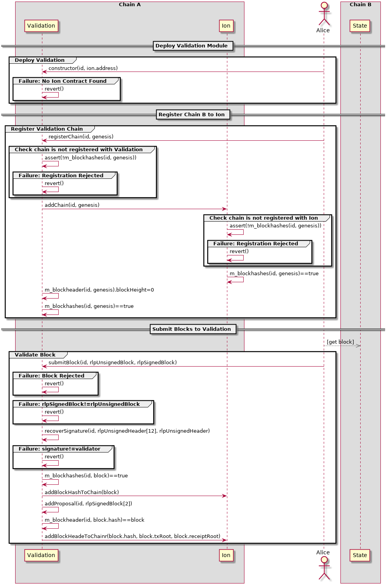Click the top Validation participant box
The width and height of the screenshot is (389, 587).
pos(41,26)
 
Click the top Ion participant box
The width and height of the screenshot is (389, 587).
pos(226,26)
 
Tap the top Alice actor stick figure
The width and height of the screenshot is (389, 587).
pos(324,15)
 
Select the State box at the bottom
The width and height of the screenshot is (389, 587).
pos(360,555)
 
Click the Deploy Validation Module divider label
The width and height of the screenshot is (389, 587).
pos(192,46)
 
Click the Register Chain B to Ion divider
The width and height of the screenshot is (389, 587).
pos(192,115)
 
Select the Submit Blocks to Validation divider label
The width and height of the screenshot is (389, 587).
pos(192,329)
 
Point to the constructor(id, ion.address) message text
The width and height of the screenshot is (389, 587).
pos(83,68)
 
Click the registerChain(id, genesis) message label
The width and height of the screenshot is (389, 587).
pos(81,137)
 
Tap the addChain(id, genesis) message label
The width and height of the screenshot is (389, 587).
pos(72,205)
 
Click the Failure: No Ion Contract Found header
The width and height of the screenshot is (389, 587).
pos(63,81)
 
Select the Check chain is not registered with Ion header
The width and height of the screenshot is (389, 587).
pos(263,218)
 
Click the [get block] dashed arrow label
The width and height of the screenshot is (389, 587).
pos(340,342)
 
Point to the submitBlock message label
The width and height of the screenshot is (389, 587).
pos(112,363)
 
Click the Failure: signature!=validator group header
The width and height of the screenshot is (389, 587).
pos(59,449)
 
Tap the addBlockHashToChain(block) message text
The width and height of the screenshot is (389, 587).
pos(82,493)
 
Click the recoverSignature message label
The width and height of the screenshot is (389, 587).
pos(127,431)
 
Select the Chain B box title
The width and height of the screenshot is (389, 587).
pos(360,5)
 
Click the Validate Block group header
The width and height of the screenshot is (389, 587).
pos(35,355)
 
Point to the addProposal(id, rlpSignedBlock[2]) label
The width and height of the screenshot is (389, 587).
pos(88,504)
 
